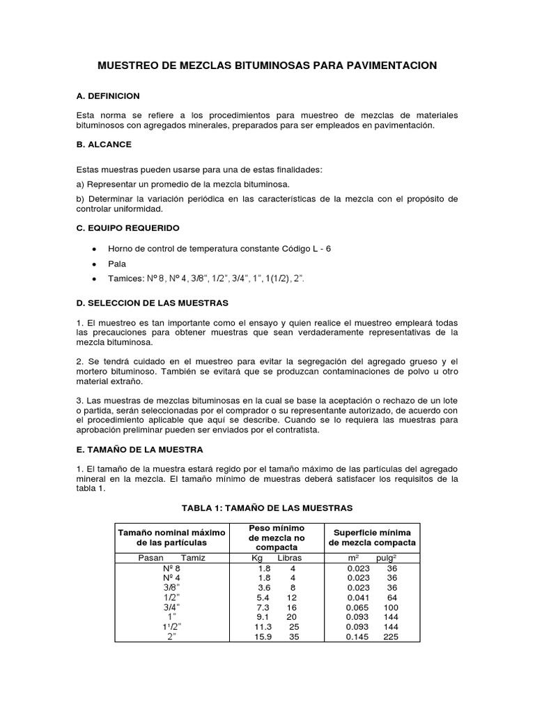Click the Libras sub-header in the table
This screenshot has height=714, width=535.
[x=290, y=558]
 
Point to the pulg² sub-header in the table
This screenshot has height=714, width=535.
[x=387, y=558]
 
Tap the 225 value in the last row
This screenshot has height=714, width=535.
[x=390, y=637]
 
